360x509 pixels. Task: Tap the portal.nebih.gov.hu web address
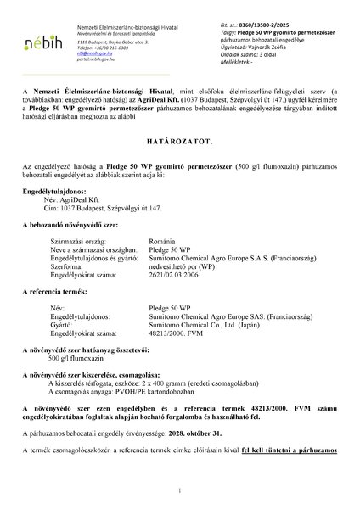(x=94, y=60)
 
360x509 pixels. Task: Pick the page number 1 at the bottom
(x=180, y=490)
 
